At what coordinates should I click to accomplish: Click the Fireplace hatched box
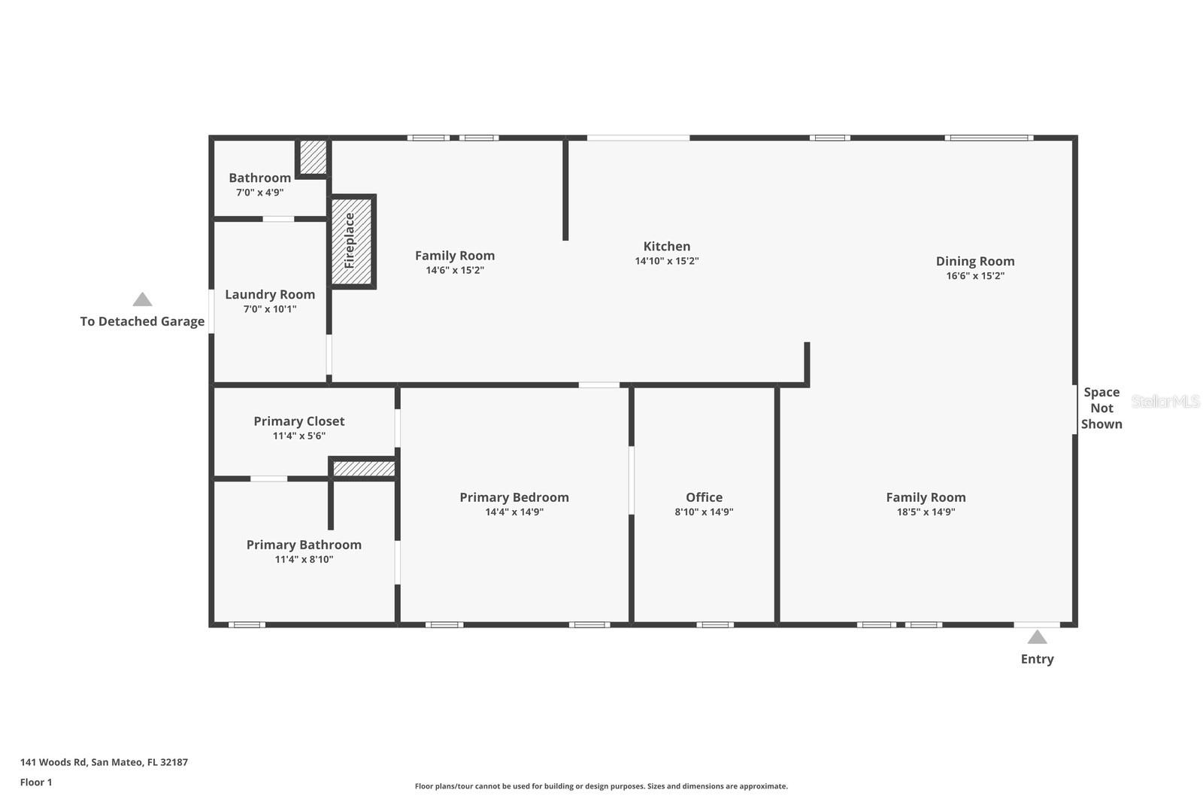352,242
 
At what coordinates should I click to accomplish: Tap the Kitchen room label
666,246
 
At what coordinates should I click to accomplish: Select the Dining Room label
974,261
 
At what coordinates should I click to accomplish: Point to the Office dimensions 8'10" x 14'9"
704,512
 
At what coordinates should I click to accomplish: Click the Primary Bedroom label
514,498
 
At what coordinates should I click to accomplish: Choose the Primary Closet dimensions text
299,436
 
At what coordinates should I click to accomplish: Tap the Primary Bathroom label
304,545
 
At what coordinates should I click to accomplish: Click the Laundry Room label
270,295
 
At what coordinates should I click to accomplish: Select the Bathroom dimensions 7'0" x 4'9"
260,193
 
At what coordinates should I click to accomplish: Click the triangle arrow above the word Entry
1037,637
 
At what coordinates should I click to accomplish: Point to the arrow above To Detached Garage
142,299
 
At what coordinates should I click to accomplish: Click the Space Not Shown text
1101,408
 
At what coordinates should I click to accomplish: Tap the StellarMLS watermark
1165,401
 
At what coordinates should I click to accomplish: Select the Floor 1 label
36,782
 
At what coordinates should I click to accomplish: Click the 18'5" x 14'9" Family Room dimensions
926,512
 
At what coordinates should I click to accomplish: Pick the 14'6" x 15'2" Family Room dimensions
455,270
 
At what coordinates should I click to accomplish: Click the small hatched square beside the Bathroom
313,157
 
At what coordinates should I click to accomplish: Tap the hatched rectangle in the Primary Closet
364,468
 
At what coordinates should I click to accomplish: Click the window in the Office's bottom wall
715,624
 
